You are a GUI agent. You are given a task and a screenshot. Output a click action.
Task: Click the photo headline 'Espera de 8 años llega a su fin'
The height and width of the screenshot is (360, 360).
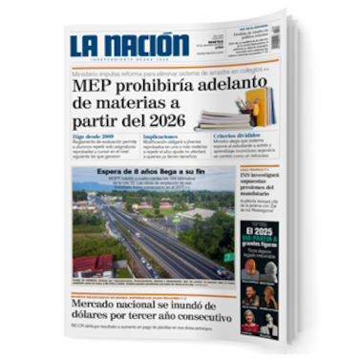point(153,172)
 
